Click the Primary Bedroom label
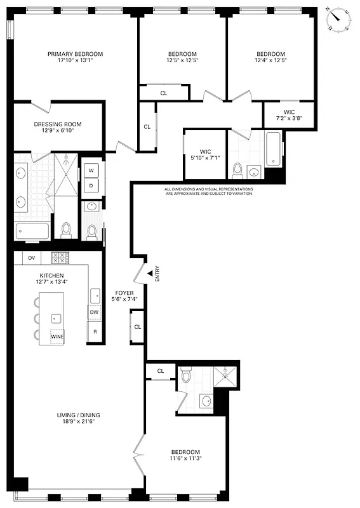[75, 54]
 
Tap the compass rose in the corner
[340, 20]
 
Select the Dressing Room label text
[58, 124]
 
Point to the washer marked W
[91, 171]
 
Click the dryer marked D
[91, 185]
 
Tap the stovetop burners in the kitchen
[59, 257]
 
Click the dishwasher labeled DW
[94, 312]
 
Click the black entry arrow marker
[150, 272]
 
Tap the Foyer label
[124, 293]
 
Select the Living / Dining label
[77, 416]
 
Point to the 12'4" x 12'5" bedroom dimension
[271, 61]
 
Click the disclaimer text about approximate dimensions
[208, 191]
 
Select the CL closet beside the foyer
[138, 327]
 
